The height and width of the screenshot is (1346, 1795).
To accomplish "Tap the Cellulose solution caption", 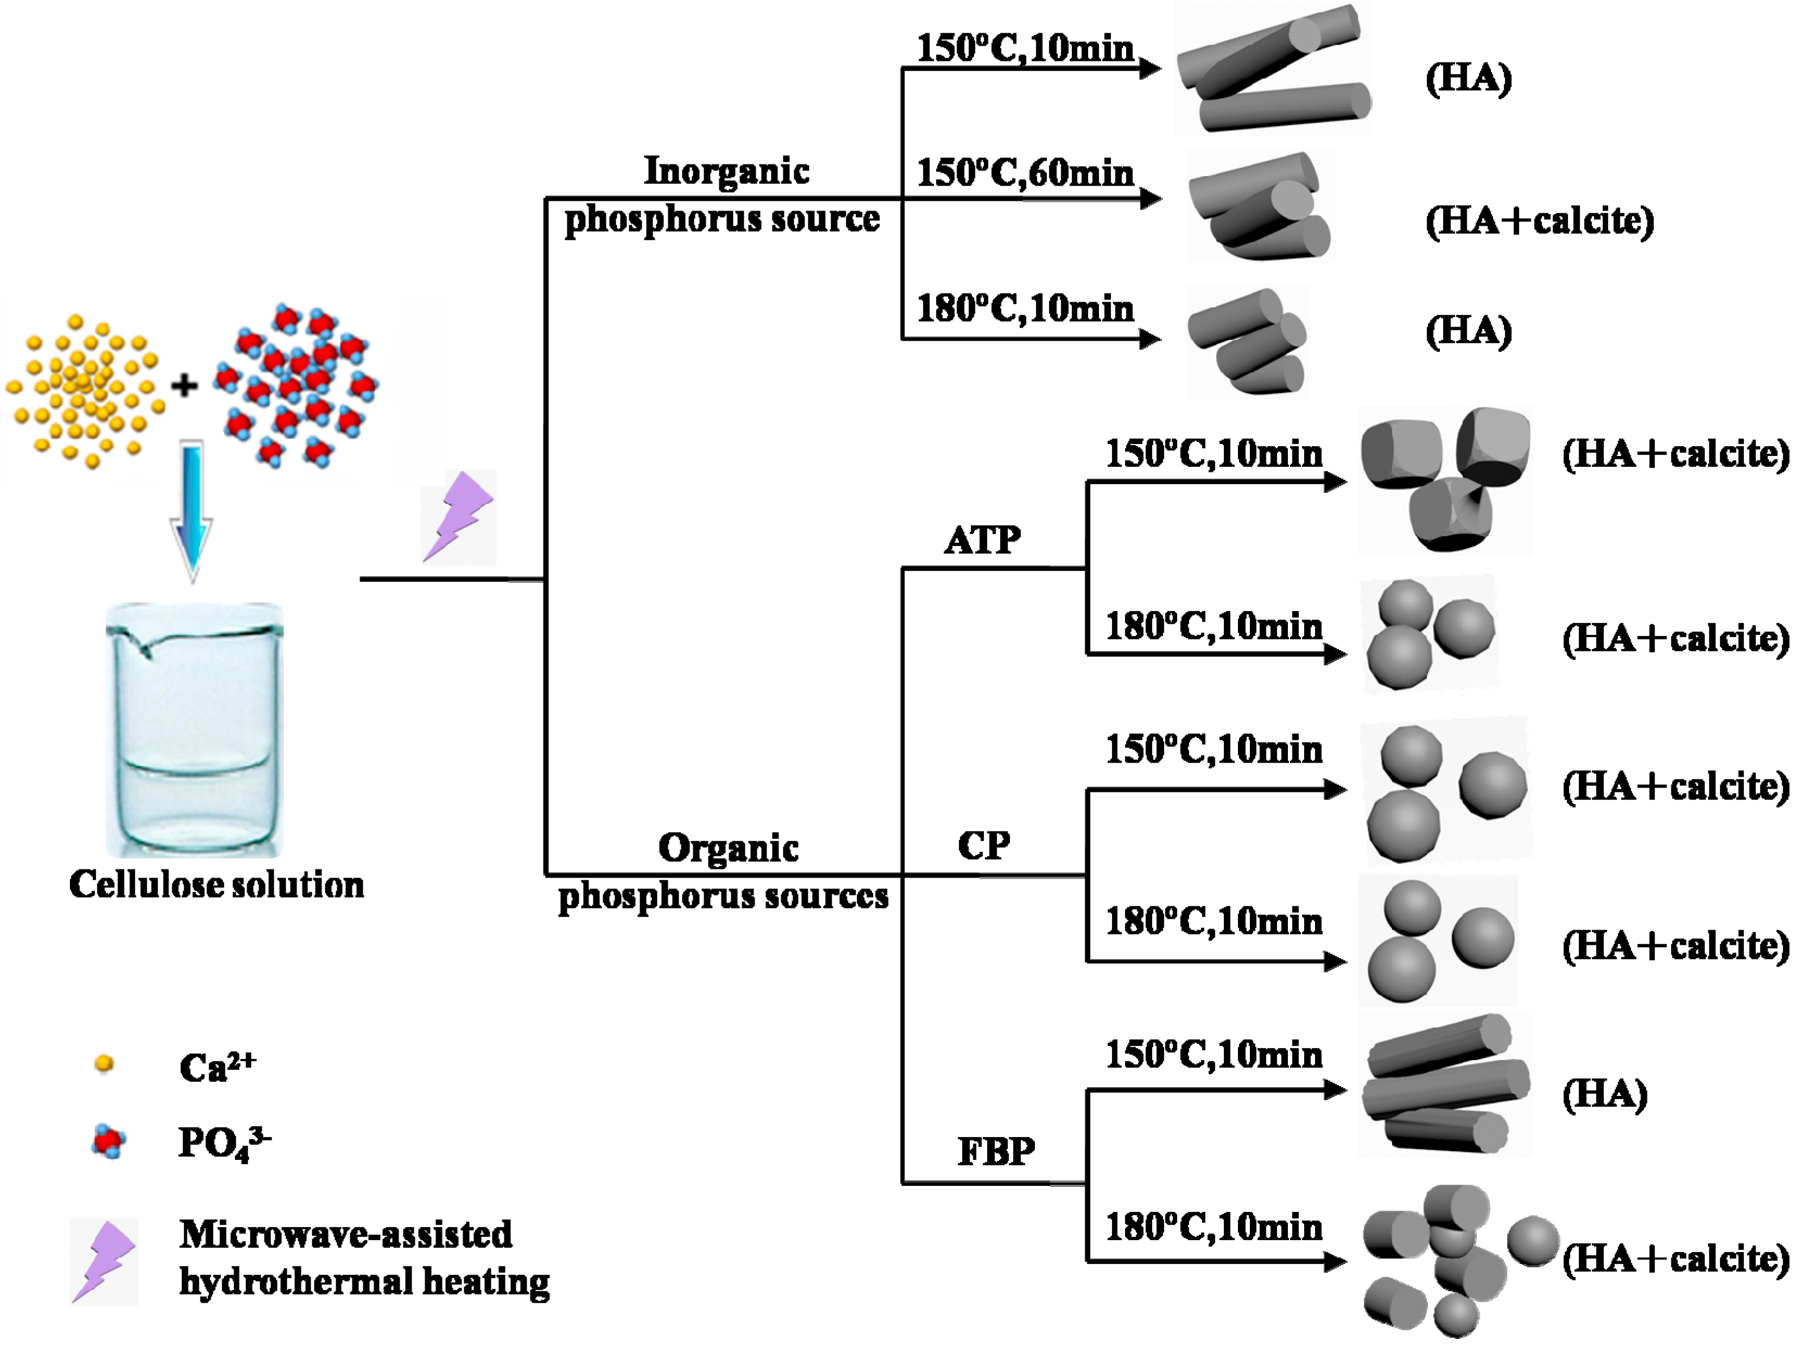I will click(x=217, y=884).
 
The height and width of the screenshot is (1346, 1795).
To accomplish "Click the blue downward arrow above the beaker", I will click(x=192, y=511).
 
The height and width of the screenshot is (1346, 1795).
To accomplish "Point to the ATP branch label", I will click(x=983, y=539).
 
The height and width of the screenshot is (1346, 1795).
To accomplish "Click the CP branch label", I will click(x=983, y=846).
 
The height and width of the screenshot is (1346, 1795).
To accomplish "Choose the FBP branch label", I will click(x=996, y=1151).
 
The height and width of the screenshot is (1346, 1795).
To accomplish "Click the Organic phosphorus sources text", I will click(x=724, y=872).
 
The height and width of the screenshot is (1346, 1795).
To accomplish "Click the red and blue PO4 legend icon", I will click(x=108, y=1141).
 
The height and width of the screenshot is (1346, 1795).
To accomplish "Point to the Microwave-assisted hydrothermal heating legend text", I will click(x=364, y=1258).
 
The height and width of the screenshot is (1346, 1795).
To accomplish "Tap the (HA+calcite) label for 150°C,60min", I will click(x=1539, y=221).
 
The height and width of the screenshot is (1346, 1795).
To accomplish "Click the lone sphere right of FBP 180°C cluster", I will click(x=1533, y=1241).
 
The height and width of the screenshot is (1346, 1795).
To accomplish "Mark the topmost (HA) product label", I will click(x=1468, y=79).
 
